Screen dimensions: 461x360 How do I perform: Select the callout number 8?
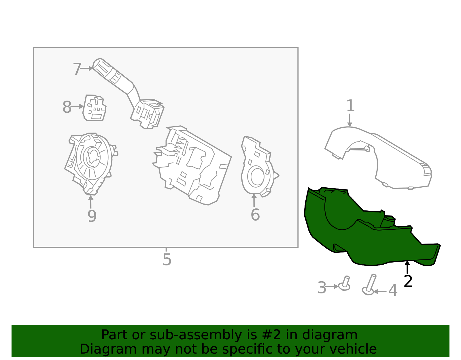(x=67, y=107)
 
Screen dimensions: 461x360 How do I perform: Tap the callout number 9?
(x=92, y=216)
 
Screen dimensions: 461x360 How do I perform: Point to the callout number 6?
(x=255, y=215)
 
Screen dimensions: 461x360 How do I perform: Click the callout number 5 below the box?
(x=167, y=259)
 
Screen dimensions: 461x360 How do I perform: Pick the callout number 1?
(x=350, y=105)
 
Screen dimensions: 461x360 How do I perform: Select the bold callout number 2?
(x=408, y=281)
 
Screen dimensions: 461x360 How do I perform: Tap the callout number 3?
(x=322, y=288)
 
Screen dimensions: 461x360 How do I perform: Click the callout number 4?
(x=393, y=291)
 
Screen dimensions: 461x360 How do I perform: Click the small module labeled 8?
(x=94, y=108)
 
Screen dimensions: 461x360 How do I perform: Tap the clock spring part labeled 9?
(x=91, y=163)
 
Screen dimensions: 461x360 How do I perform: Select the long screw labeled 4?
(x=369, y=284)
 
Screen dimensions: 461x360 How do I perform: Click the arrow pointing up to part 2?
(x=407, y=267)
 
